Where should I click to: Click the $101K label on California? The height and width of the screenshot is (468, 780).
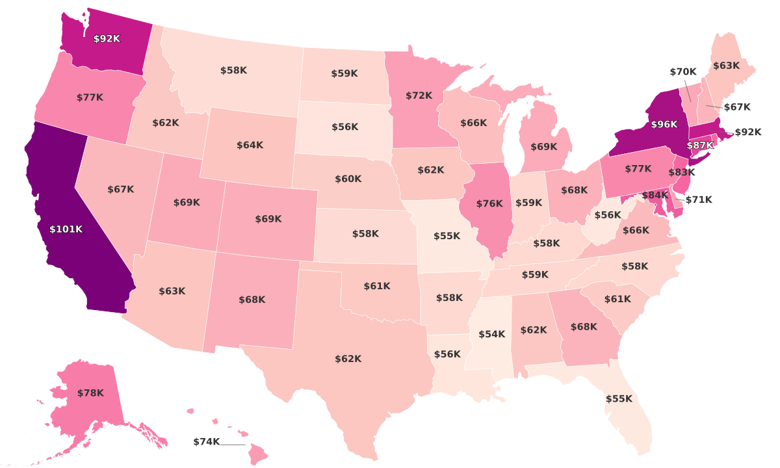pyautogui.click(x=66, y=229)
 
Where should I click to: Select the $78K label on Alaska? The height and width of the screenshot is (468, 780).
pyautogui.click(x=90, y=393)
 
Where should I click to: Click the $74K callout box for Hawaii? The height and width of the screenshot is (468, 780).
pyautogui.click(x=207, y=442)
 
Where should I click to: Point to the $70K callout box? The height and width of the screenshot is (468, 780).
pyautogui.click(x=683, y=71)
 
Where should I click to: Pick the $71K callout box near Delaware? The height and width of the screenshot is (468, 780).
pyautogui.click(x=699, y=200)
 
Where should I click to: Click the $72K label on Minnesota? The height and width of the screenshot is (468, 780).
pyautogui.click(x=419, y=96)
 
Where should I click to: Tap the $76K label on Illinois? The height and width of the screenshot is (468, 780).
pyautogui.click(x=489, y=203)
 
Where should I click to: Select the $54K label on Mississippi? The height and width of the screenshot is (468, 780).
pyautogui.click(x=491, y=334)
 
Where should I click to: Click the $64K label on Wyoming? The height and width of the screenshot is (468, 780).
pyautogui.click(x=250, y=146)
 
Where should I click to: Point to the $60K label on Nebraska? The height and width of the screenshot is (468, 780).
pyautogui.click(x=348, y=179)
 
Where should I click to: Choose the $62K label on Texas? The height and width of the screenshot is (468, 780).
pyautogui.click(x=348, y=359)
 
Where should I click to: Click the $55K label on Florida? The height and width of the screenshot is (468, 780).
pyautogui.click(x=618, y=399)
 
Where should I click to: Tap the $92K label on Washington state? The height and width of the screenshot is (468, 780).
pyautogui.click(x=107, y=39)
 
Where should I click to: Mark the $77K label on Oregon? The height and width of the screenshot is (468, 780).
pyautogui.click(x=90, y=97)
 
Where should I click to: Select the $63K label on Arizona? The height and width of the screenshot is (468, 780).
pyautogui.click(x=172, y=291)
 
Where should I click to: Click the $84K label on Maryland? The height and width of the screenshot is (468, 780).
pyautogui.click(x=655, y=195)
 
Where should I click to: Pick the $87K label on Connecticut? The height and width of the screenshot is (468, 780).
pyautogui.click(x=699, y=146)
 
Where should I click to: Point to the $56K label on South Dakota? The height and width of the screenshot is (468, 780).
pyautogui.click(x=344, y=127)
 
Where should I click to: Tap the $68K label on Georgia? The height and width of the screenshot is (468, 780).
pyautogui.click(x=583, y=327)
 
